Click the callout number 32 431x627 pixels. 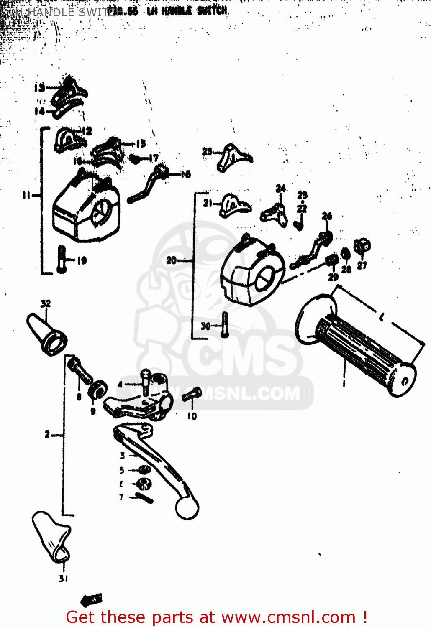(x=46, y=303)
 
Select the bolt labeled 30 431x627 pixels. (x=225, y=325)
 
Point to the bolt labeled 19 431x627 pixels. (x=62, y=260)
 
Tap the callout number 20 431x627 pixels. (x=171, y=260)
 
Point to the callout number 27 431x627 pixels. (x=362, y=265)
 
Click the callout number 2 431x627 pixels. (x=47, y=435)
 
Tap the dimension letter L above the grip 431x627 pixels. (x=381, y=317)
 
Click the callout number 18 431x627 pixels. (x=185, y=174)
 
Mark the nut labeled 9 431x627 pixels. (x=97, y=390)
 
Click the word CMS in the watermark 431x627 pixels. (x=247, y=355)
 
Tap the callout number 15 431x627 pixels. (x=141, y=144)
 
